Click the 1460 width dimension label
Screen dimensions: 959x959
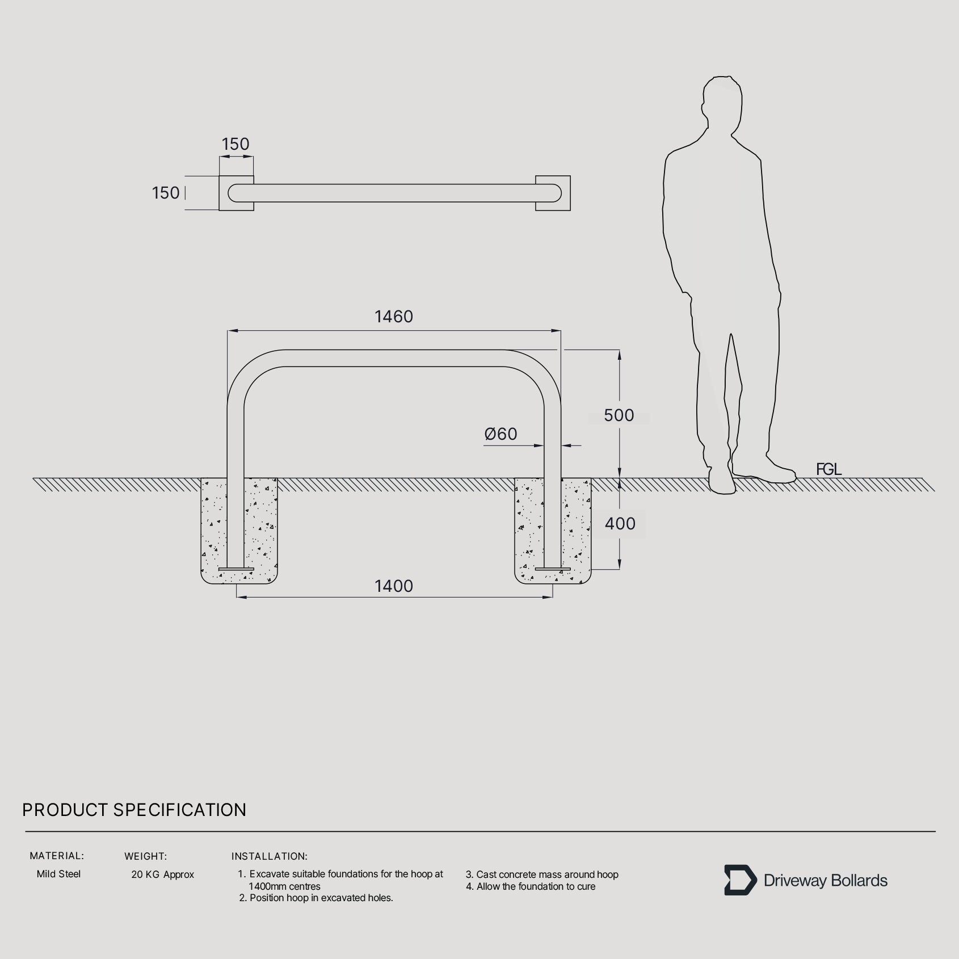(x=394, y=317)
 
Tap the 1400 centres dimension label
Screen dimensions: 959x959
(x=394, y=586)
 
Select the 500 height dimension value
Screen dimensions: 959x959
(x=619, y=415)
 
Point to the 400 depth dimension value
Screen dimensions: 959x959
(x=620, y=524)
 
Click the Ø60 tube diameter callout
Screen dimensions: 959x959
(x=500, y=434)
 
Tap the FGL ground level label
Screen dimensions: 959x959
(x=828, y=469)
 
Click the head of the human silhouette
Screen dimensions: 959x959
(x=722, y=102)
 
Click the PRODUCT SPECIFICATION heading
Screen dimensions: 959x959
(x=134, y=810)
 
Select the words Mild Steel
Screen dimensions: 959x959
(x=58, y=874)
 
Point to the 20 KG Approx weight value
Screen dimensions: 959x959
(x=163, y=874)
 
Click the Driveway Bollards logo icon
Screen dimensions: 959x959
(x=740, y=880)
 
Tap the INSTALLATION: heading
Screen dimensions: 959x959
(x=270, y=856)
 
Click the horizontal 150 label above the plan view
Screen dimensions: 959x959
(x=235, y=144)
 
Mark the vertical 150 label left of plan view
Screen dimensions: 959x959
(x=166, y=193)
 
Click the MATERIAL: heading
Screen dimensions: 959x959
(x=57, y=856)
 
